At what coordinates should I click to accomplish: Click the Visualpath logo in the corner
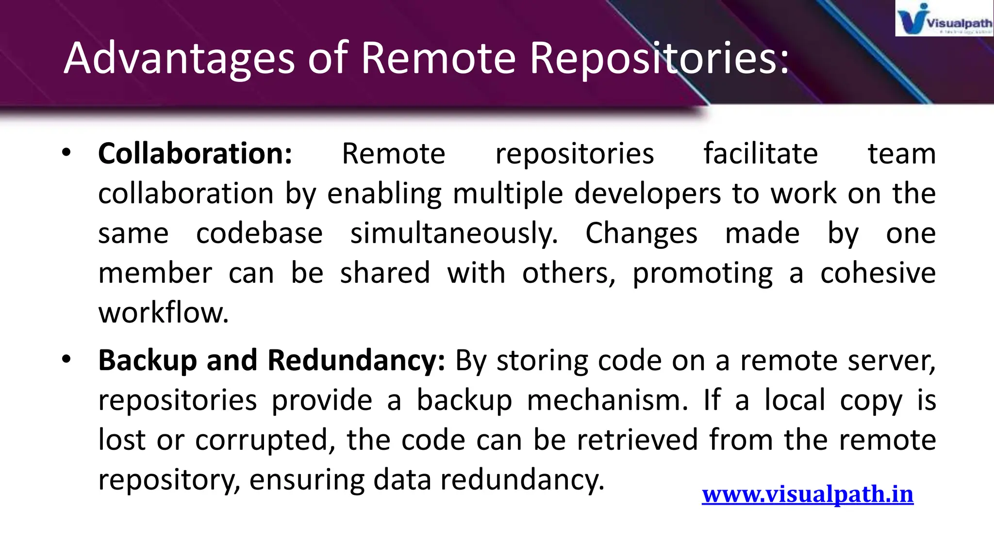point(944,18)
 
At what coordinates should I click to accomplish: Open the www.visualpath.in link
point(808,494)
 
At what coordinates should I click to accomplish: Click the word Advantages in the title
point(179,58)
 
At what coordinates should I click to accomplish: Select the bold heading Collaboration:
point(195,154)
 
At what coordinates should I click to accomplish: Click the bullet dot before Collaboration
point(66,153)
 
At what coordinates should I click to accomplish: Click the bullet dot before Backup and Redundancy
point(66,360)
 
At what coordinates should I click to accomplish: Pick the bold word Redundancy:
point(356,361)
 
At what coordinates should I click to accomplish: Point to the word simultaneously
point(454,233)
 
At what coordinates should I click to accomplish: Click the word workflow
point(163,313)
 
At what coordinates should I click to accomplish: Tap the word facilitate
point(761,154)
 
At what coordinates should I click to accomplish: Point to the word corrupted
point(265,441)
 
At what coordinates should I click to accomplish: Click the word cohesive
point(878,273)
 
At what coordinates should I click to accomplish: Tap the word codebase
point(259,233)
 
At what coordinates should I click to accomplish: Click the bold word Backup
point(147,361)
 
